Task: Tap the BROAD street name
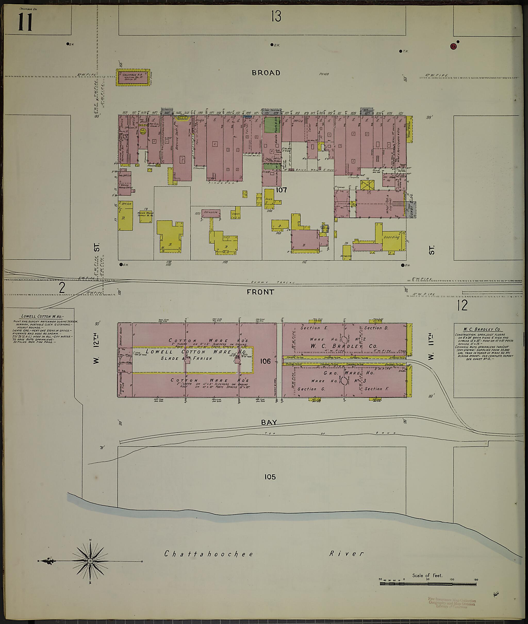coord(266,73)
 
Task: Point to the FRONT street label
coord(260,292)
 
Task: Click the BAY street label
coord(269,422)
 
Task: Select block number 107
coord(281,190)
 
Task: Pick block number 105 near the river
coord(270,477)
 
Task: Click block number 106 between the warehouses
coord(265,361)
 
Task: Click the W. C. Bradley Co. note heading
coord(484,329)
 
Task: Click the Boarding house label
coord(392,237)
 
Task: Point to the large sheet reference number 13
coord(276,16)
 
